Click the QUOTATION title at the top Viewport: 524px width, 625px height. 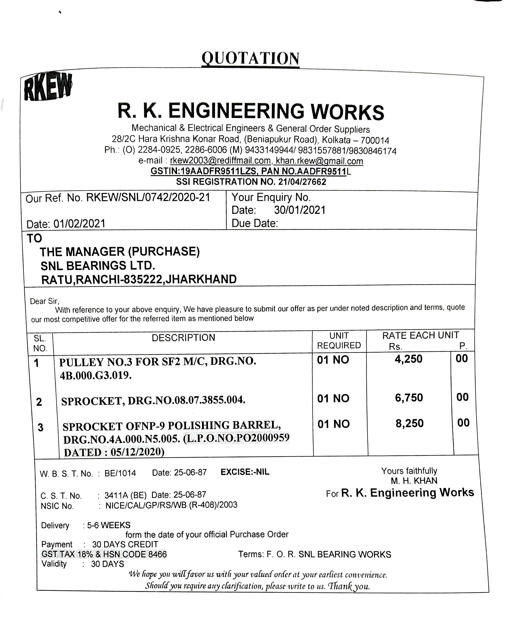250,58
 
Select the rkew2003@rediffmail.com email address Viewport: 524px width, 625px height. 220,161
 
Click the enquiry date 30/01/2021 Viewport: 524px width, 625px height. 300,210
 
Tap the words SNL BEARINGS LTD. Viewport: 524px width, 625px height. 98,265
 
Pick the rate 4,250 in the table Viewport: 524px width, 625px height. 408,359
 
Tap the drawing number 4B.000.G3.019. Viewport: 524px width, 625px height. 96,376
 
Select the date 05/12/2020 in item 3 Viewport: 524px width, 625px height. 137,452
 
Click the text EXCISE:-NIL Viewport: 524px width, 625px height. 245,472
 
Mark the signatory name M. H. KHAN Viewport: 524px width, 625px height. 414,481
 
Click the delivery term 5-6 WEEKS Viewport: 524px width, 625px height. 109,525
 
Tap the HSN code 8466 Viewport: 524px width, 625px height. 158,554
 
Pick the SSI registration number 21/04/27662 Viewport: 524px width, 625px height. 302,182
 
